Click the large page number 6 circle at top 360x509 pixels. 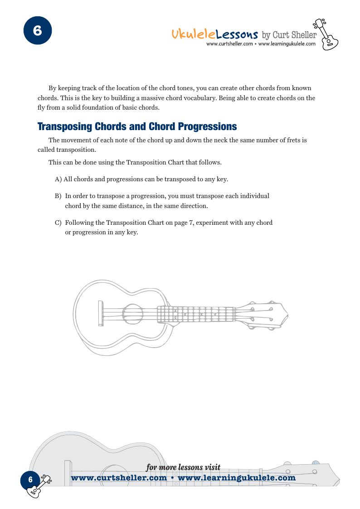pyautogui.click(x=37, y=31)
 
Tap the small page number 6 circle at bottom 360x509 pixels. pyautogui.click(x=30, y=479)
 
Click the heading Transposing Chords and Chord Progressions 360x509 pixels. pyautogui.click(x=137, y=126)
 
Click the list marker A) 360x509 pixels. pyautogui.click(x=58, y=179)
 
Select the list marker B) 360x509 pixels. pyautogui.click(x=58, y=196)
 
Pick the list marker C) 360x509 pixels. pyautogui.click(x=58, y=223)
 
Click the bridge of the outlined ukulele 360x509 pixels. pyautogui.click(x=100, y=313)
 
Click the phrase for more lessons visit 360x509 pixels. pyautogui.click(x=183, y=467)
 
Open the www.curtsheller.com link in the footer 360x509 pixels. pyautogui.click(x=120, y=478)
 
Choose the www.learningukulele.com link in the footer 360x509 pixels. pyautogui.click(x=237, y=478)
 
